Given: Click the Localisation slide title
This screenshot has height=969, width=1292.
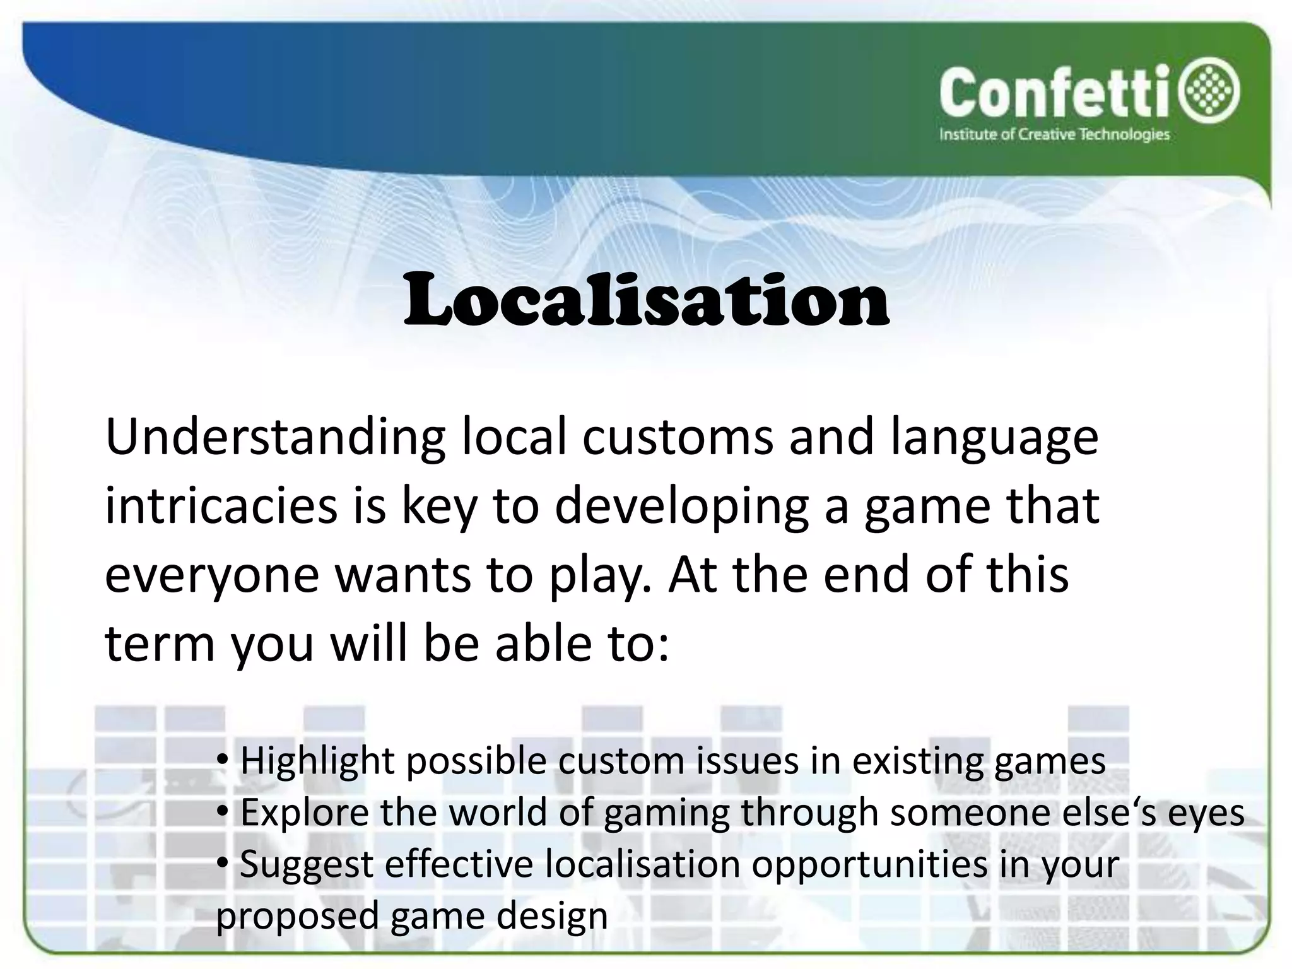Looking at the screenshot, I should [646, 302].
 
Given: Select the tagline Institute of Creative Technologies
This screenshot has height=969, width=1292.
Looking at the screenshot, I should [1054, 134].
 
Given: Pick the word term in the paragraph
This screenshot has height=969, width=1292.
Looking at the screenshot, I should [159, 645].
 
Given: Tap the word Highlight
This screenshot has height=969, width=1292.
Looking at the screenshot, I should [317, 762].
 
